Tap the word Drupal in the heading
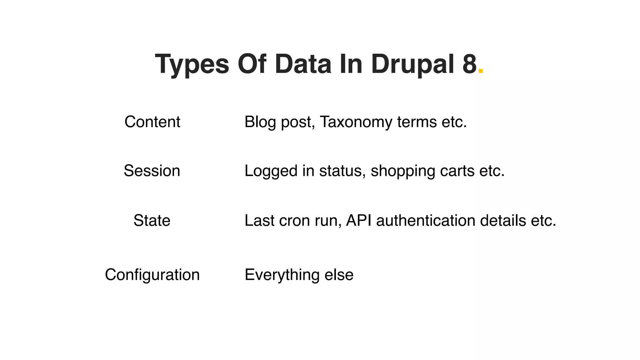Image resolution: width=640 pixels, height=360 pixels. [x=412, y=64]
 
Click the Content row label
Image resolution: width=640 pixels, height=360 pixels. [x=152, y=122]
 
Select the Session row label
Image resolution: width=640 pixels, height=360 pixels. [x=152, y=171]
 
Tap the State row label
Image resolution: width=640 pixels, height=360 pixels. [x=152, y=221]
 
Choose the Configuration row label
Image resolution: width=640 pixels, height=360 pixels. [x=152, y=275]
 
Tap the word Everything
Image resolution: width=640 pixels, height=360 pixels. [x=282, y=275]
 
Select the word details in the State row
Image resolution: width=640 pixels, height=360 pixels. [x=503, y=221]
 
